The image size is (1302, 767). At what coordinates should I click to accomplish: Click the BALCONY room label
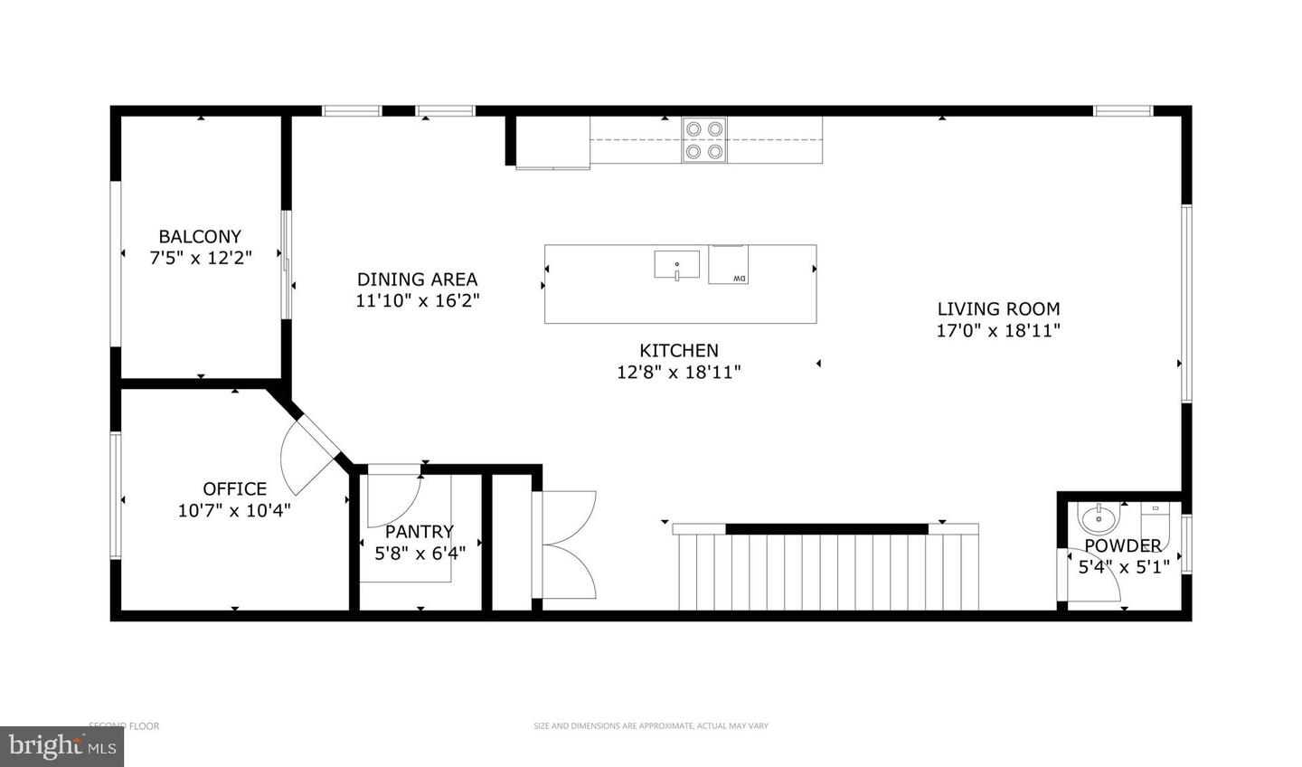[x=200, y=237]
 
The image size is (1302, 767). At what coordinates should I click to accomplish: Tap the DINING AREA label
[x=417, y=279]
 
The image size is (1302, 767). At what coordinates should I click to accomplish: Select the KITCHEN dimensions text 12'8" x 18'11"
[x=679, y=371]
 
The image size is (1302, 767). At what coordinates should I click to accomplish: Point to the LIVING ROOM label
[x=998, y=308]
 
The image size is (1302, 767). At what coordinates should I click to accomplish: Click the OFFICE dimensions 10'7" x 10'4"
[x=234, y=510]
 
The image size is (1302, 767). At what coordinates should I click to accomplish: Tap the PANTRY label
[x=420, y=532]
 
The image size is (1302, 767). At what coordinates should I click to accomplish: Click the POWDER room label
[x=1123, y=545]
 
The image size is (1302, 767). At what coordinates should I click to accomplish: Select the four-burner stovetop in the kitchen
[x=704, y=140]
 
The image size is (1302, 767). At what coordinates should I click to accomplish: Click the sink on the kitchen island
[x=676, y=265]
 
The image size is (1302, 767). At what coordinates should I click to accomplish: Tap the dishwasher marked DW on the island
[x=729, y=265]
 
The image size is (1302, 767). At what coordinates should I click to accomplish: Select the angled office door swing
[x=307, y=452]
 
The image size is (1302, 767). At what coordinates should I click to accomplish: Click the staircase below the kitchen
[x=827, y=570]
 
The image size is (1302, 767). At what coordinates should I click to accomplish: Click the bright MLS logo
[x=61, y=746]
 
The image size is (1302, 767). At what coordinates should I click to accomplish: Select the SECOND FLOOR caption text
[x=124, y=725]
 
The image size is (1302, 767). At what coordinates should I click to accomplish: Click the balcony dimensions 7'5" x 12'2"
[x=200, y=258]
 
